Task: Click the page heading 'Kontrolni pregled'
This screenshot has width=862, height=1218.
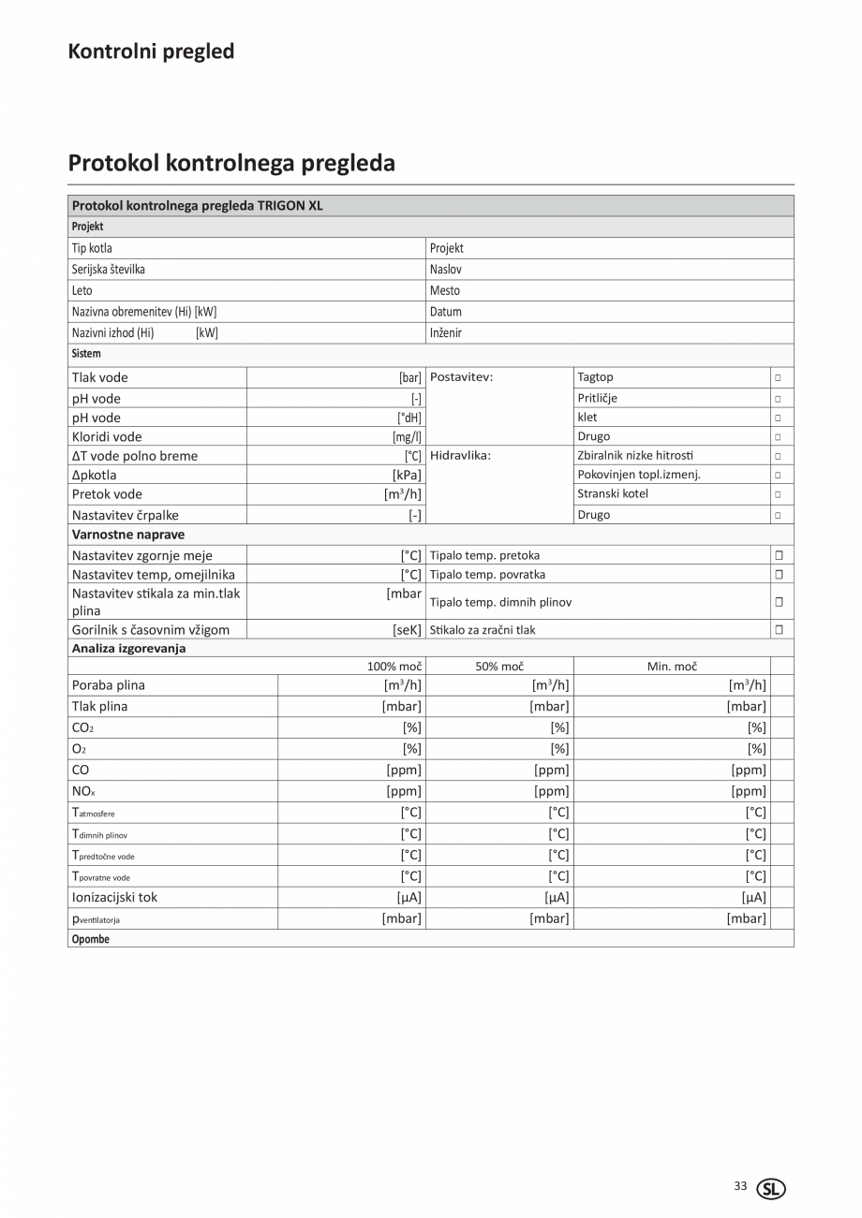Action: pyautogui.click(x=151, y=51)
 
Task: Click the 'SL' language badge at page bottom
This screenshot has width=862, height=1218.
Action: pyautogui.click(x=772, y=1189)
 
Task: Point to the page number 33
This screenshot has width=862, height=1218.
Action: pyautogui.click(x=740, y=1186)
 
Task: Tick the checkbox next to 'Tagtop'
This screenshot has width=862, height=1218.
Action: pyautogui.click(x=778, y=377)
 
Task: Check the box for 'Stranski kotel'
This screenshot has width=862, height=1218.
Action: pyautogui.click(x=778, y=494)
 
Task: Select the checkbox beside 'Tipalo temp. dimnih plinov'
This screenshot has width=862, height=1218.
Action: pyautogui.click(x=779, y=602)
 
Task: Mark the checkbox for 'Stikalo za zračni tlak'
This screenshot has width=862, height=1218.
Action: pyautogui.click(x=779, y=630)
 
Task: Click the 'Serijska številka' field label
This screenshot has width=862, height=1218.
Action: pyautogui.click(x=109, y=270)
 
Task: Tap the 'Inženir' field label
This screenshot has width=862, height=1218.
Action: pyautogui.click(x=446, y=332)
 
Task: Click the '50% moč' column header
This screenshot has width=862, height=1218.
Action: pyautogui.click(x=499, y=667)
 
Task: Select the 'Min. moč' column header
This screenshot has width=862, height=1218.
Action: pyautogui.click(x=672, y=667)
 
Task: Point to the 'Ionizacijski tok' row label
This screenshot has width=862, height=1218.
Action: pyautogui.click(x=114, y=897)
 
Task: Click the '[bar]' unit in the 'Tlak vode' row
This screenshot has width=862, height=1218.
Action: pyautogui.click(x=410, y=378)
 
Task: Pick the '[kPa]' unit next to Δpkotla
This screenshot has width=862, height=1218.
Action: pyautogui.click(x=407, y=475)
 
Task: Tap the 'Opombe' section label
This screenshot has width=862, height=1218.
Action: pyautogui.click(x=91, y=939)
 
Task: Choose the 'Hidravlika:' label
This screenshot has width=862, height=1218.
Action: pyautogui.click(x=460, y=456)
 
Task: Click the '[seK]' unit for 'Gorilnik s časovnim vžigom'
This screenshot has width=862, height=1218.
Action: pyautogui.click(x=407, y=630)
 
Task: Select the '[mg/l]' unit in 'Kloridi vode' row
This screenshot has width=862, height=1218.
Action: pyautogui.click(x=407, y=437)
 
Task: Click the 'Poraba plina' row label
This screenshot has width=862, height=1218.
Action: pyautogui.click(x=109, y=685)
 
